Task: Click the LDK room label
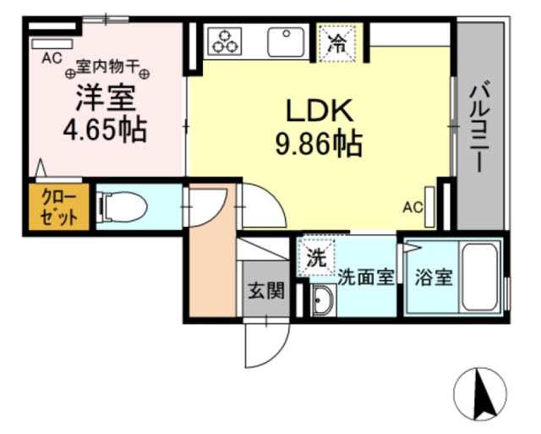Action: tap(317, 110)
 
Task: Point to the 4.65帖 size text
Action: tap(105, 130)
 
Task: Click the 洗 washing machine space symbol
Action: tap(314, 259)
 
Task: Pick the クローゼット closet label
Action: tap(58, 206)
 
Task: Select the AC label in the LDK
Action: tap(412, 206)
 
